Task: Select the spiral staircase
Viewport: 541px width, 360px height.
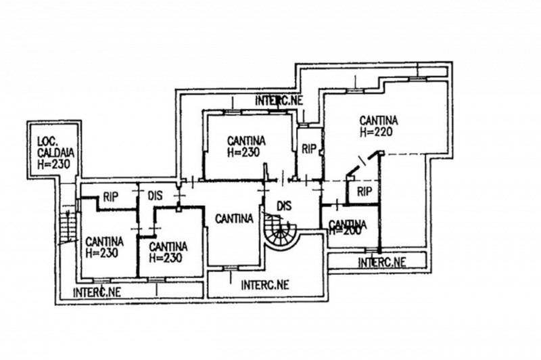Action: pyautogui.click(x=281, y=233)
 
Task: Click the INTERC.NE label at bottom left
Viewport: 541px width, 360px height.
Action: pyautogui.click(x=97, y=292)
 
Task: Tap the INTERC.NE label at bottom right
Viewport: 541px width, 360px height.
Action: pyautogui.click(x=383, y=261)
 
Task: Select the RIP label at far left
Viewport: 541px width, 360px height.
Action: pyautogui.click(x=111, y=196)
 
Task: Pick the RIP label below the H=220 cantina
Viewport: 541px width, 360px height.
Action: pyautogui.click(x=364, y=191)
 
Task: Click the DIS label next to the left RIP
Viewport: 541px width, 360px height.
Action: pyautogui.click(x=154, y=196)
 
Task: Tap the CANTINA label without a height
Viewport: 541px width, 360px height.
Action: pyautogui.click(x=234, y=218)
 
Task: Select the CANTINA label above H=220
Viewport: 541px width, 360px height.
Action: pyautogui.click(x=379, y=121)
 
